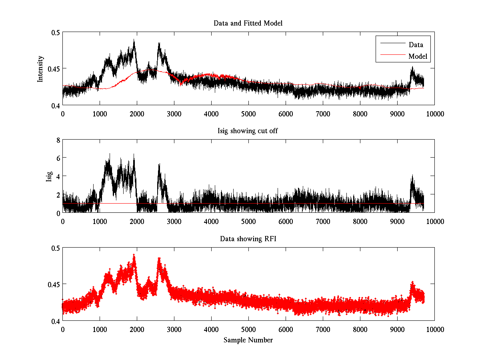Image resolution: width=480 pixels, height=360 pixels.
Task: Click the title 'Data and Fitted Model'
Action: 248,23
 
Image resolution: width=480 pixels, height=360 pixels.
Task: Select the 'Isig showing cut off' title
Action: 248,131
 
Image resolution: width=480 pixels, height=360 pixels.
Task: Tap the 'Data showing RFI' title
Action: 248,239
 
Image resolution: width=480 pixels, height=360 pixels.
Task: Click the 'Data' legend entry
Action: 416,45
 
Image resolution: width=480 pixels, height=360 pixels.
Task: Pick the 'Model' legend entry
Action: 418,56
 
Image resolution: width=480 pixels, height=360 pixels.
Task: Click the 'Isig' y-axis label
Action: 49,176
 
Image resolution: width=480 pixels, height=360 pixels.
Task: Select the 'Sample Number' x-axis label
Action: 248,340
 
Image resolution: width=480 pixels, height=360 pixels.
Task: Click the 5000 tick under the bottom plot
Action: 248,329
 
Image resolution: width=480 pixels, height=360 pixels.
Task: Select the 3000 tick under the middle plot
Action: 174,221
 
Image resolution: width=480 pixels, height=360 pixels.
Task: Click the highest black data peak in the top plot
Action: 134,40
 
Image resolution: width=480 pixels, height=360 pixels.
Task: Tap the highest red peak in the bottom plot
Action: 134,255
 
